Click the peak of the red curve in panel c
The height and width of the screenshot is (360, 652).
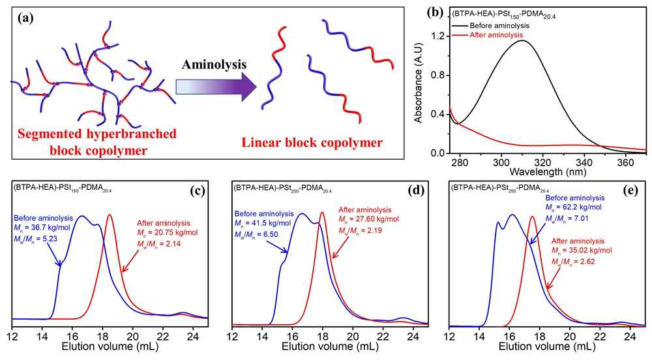tap(110, 215)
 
